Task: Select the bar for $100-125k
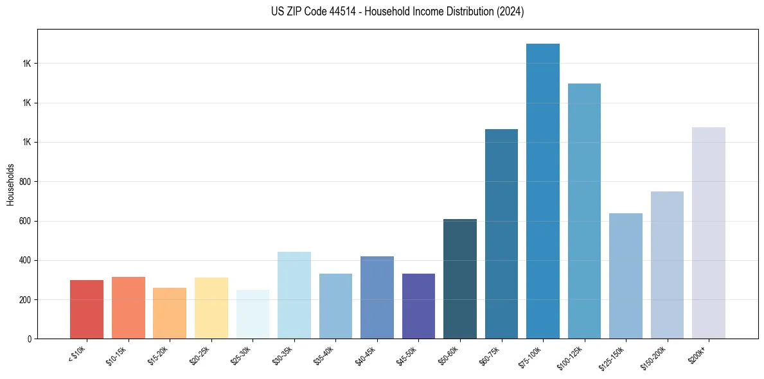(584, 211)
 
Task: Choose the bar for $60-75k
(501, 234)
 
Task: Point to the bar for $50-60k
(460, 279)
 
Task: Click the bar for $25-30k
(253, 314)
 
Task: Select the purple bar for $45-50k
(418, 306)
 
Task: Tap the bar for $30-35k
(294, 295)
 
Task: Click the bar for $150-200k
(667, 265)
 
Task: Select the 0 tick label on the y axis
(30, 339)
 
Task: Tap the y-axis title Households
(11, 184)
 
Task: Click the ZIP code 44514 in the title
(343, 12)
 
